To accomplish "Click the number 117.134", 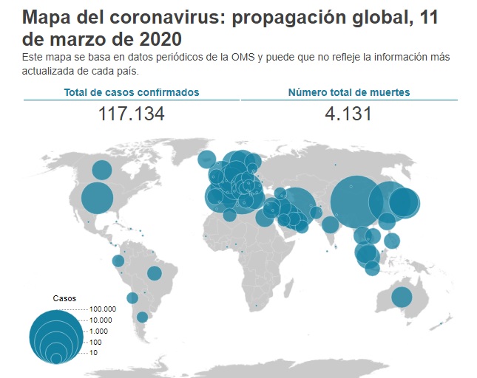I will [x=131, y=114].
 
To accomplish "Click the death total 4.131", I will [x=348, y=114].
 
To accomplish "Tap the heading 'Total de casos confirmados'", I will [x=132, y=92].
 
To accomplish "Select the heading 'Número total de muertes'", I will [x=349, y=92].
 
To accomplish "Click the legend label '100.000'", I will [x=103, y=309].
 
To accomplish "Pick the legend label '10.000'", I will [x=101, y=320].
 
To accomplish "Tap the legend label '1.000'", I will [x=98, y=331].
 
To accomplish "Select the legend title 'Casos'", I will [x=64, y=298].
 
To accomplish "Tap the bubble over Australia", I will [x=402, y=297].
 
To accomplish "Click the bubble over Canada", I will [x=101, y=171].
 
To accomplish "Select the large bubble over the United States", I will [x=97, y=198].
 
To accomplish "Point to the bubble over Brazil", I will [x=154, y=273].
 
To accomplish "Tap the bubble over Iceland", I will [x=208, y=159].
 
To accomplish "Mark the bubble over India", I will [x=331, y=224].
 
